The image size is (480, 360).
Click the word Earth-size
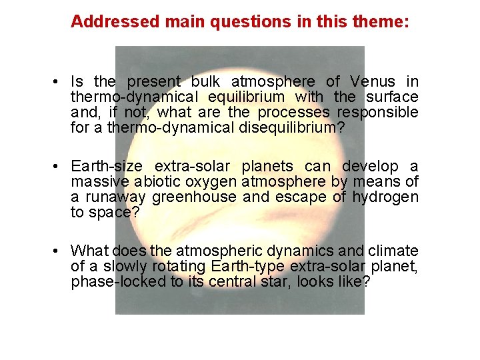point(107,166)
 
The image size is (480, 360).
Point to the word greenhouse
point(194,197)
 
